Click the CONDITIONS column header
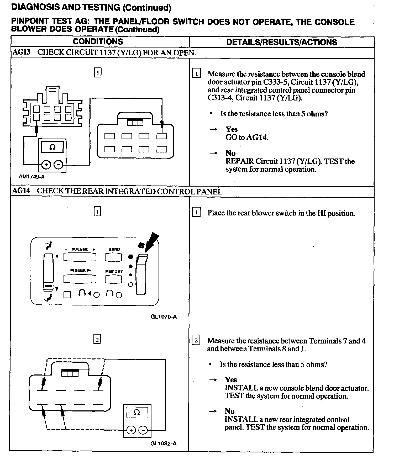click(98, 41)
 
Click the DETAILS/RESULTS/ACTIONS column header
click(281, 42)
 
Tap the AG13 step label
click(21, 52)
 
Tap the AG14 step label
click(21, 191)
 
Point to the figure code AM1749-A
click(31, 177)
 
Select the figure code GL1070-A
click(164, 317)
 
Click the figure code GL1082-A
click(163, 443)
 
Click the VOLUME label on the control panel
click(80, 249)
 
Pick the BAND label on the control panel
click(114, 249)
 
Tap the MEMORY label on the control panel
click(114, 271)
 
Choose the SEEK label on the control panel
click(80, 271)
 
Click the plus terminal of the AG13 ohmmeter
click(46, 165)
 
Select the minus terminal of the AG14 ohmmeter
click(143, 430)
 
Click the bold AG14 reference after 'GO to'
click(257, 137)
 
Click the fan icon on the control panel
click(141, 245)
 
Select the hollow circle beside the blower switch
click(130, 284)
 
